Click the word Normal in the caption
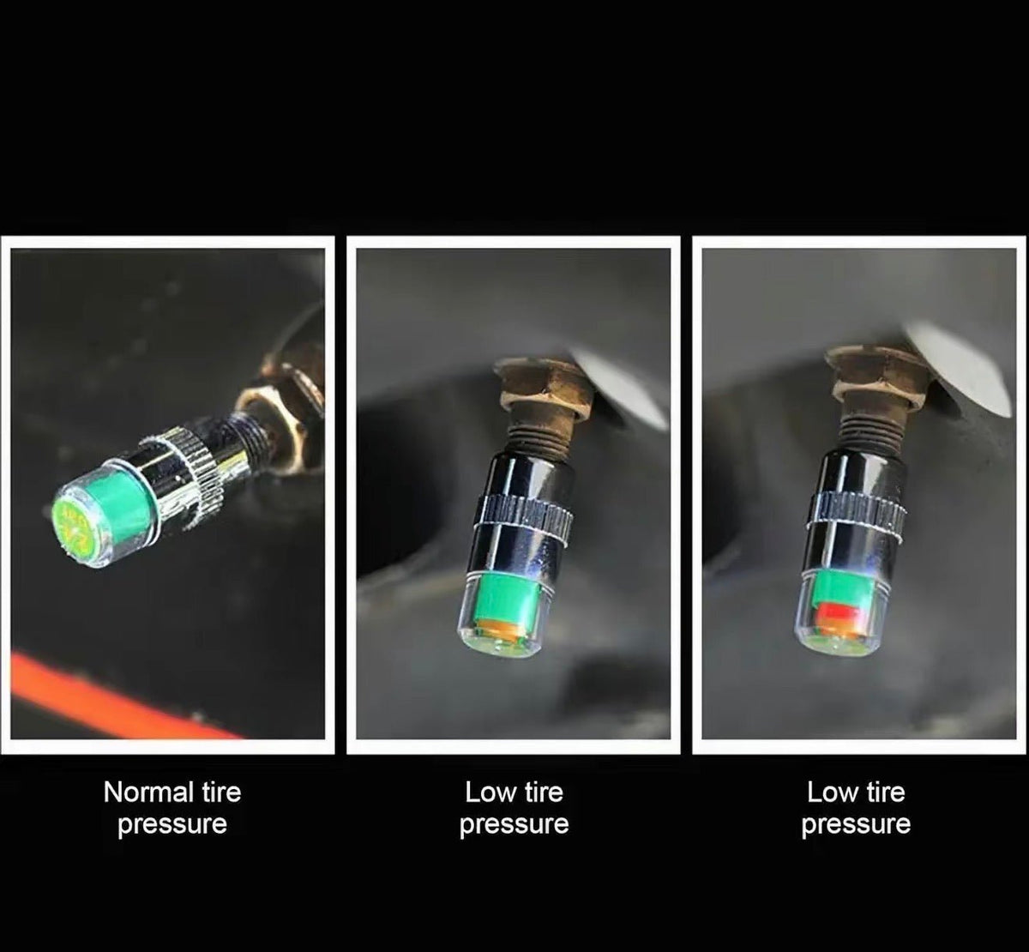click(148, 792)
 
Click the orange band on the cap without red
click(497, 629)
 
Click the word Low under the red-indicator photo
click(831, 792)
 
